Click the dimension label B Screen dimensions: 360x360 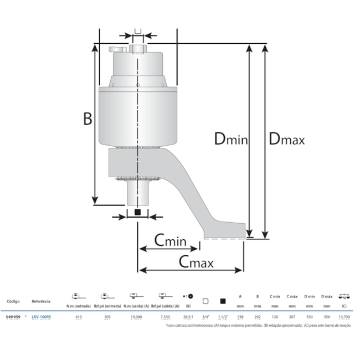tap(87, 118)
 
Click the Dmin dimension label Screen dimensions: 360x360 tap(230, 139)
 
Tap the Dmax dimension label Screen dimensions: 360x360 tap(286, 139)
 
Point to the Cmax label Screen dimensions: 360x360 tap(192, 262)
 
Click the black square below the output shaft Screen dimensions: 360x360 tap(138, 213)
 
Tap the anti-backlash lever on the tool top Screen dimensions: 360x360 tap(120, 50)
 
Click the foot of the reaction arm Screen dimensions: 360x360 tap(225, 230)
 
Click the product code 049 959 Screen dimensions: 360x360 tap(13, 317)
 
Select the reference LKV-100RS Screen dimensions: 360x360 tap(41, 317)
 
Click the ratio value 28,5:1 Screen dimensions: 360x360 tap(187, 317)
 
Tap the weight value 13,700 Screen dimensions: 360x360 tap(343, 317)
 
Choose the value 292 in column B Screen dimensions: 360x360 tap(257, 317)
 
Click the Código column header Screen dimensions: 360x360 tap(13, 301)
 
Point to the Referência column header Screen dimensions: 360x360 tap(41, 301)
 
